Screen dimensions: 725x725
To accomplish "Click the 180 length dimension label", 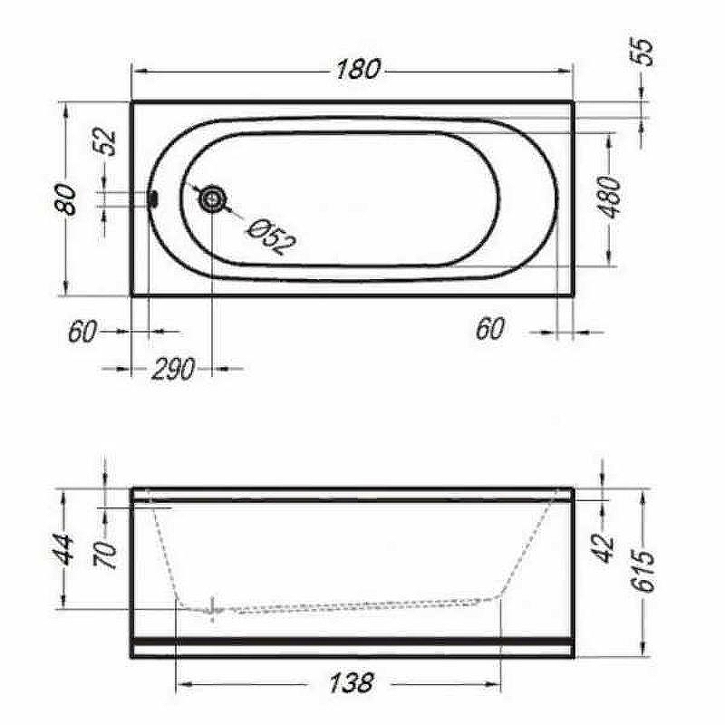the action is click(x=358, y=70).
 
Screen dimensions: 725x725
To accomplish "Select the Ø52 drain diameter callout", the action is click(x=271, y=236).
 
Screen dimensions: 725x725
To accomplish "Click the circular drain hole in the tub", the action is click(x=212, y=199).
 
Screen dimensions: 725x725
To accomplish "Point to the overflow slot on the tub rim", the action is click(x=153, y=199).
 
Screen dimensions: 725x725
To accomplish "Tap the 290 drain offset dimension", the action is click(x=173, y=369).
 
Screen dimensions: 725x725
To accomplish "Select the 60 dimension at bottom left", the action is click(x=83, y=331).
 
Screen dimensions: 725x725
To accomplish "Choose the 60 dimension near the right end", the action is click(x=490, y=329).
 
